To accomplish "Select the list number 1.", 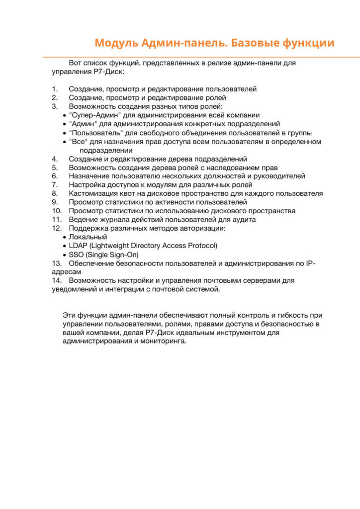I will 54,89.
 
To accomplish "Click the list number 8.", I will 54,193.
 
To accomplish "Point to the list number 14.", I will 56,280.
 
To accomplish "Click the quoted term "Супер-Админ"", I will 91,115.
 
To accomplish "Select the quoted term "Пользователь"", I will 94,133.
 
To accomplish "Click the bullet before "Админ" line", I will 65,124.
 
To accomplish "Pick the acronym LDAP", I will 78,246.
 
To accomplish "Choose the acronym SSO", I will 76,254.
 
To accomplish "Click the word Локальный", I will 88,237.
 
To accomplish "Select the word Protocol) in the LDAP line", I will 202,246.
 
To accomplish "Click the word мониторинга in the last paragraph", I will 164,342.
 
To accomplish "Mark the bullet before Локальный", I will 65,237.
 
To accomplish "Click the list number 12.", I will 56,228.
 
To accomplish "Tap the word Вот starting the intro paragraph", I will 75,63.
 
